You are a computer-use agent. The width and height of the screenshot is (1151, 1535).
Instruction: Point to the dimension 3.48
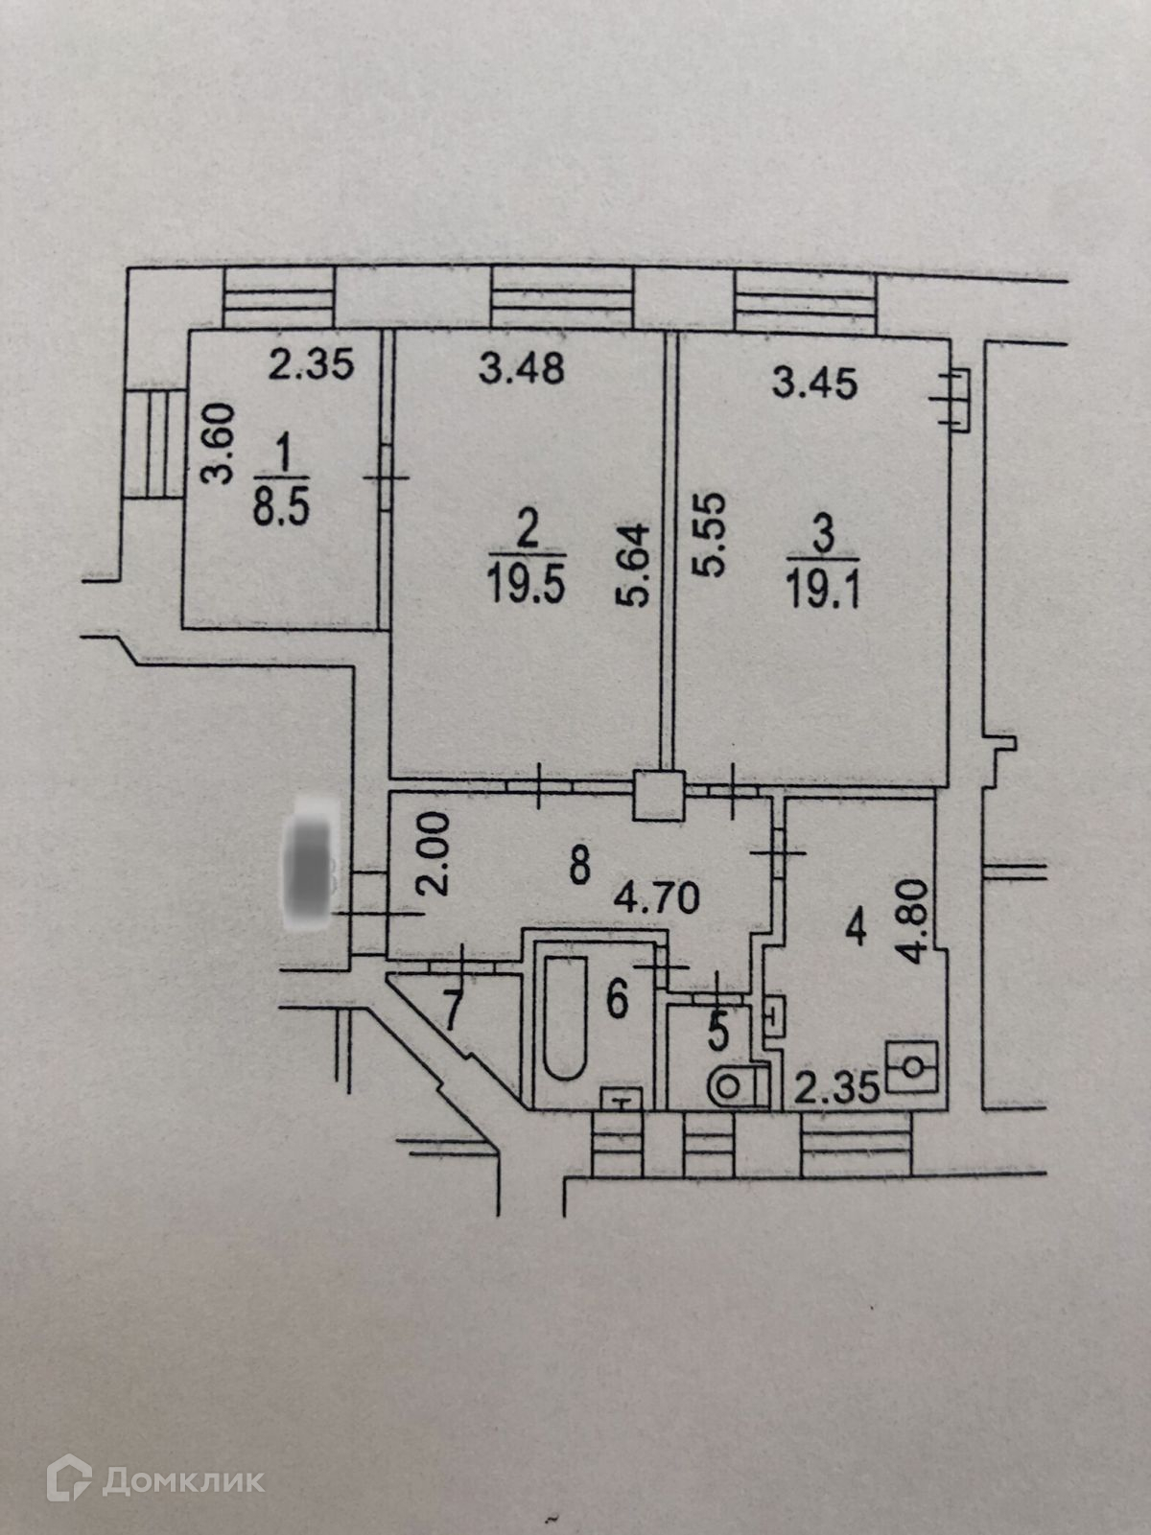(x=522, y=368)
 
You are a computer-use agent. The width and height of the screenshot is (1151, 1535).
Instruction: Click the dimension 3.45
(x=815, y=384)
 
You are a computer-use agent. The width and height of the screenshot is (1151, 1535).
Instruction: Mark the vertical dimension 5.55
(x=711, y=535)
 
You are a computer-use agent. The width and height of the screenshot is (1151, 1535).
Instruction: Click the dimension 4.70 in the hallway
(x=657, y=898)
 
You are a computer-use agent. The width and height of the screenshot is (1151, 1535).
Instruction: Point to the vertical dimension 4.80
(x=918, y=915)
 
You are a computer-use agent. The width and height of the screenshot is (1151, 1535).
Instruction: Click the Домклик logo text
(x=182, y=1480)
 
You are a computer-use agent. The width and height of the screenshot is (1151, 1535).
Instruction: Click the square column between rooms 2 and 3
(x=657, y=795)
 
